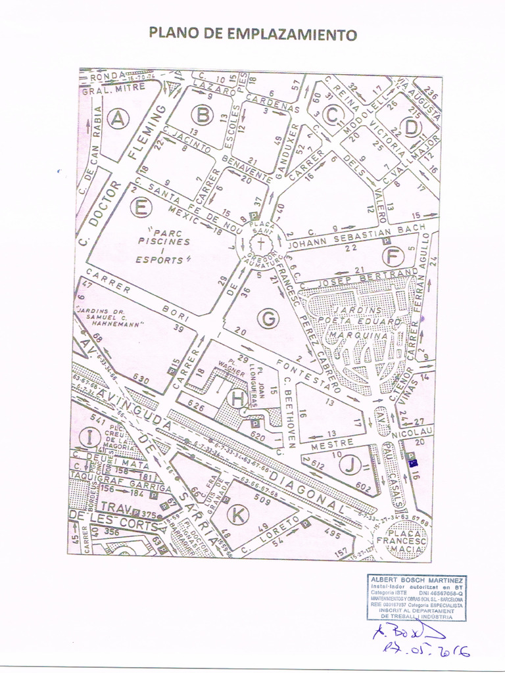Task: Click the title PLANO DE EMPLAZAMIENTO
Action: coord(252,34)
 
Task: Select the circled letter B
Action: coord(202,114)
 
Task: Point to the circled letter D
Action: coord(412,126)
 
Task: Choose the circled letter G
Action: coord(268,319)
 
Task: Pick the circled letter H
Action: coord(237,397)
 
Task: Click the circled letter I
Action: coord(87,436)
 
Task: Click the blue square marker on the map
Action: coord(412,463)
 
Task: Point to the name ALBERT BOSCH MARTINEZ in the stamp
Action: coord(418,580)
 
